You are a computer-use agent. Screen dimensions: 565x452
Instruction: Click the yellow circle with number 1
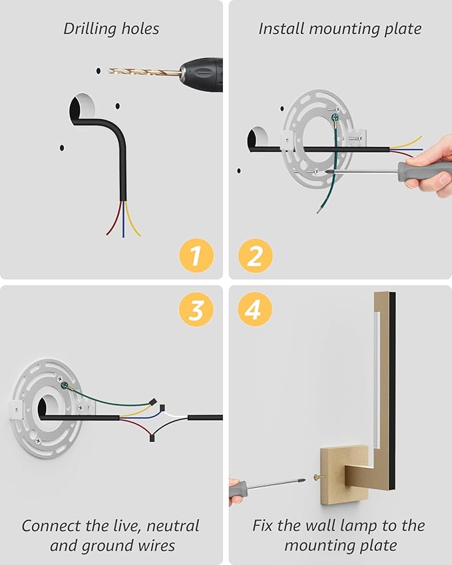[195, 256]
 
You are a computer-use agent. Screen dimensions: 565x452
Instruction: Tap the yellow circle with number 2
[255, 256]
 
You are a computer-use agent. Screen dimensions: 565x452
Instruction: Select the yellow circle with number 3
[195, 310]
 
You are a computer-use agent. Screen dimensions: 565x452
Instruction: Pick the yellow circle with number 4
[255, 310]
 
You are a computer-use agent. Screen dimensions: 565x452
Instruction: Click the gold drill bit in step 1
[144, 71]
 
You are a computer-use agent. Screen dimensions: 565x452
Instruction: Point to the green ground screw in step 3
[65, 385]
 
